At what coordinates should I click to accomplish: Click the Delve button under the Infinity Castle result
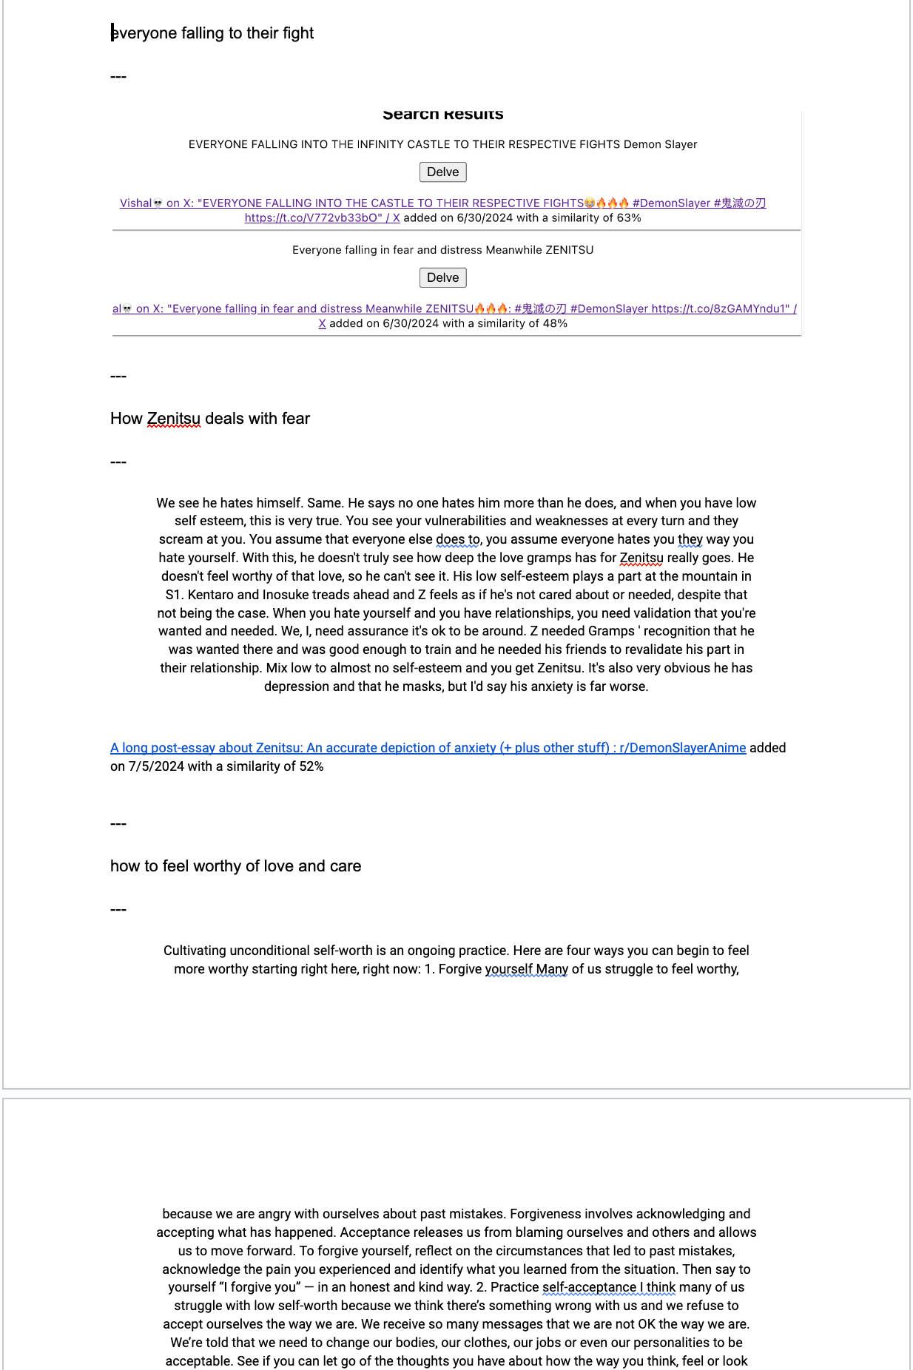[442, 172]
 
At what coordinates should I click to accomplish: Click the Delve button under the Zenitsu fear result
[442, 277]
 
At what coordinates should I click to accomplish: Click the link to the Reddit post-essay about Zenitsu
[428, 748]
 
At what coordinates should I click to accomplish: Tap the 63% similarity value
[629, 217]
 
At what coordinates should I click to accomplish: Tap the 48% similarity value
[555, 323]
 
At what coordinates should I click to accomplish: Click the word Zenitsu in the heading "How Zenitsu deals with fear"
[174, 419]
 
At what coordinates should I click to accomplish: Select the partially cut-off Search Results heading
[442, 115]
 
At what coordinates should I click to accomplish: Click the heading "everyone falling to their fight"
[212, 33]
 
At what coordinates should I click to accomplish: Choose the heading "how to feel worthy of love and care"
[235, 866]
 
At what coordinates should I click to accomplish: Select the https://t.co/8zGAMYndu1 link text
[721, 308]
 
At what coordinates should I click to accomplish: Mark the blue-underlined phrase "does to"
[457, 539]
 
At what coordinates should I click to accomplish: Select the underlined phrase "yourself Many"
[526, 969]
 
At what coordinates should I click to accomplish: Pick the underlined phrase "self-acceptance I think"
[608, 1287]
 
